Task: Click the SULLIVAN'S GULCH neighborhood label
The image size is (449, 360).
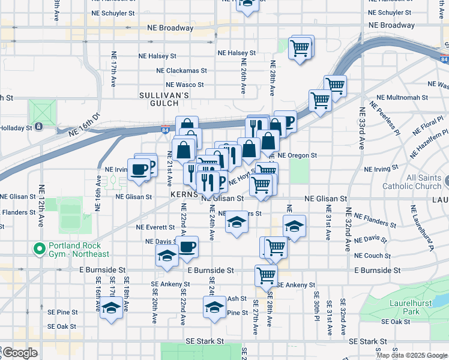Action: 164,99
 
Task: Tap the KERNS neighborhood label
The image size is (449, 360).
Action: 184,196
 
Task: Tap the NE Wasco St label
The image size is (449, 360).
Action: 185,85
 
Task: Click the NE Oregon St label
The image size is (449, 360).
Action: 297,155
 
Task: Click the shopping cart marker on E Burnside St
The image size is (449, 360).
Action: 265,275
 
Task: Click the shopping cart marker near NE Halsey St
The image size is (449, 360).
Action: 300,47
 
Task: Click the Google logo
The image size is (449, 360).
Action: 20,353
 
